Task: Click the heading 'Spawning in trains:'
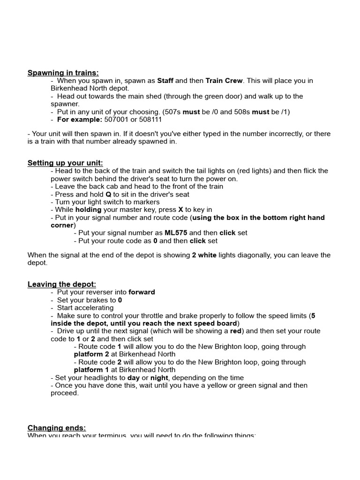(63, 73)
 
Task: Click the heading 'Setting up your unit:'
(65, 163)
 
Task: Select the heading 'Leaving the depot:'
(61, 285)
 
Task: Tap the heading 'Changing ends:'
(57, 428)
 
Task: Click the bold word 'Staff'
(165, 81)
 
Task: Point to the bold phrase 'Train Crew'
(224, 81)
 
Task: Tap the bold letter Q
(108, 195)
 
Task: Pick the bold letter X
(181, 210)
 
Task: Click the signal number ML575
(176, 233)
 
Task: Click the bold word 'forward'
(142, 292)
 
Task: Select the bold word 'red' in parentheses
(236, 331)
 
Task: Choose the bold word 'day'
(134, 378)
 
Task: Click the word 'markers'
(146, 202)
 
